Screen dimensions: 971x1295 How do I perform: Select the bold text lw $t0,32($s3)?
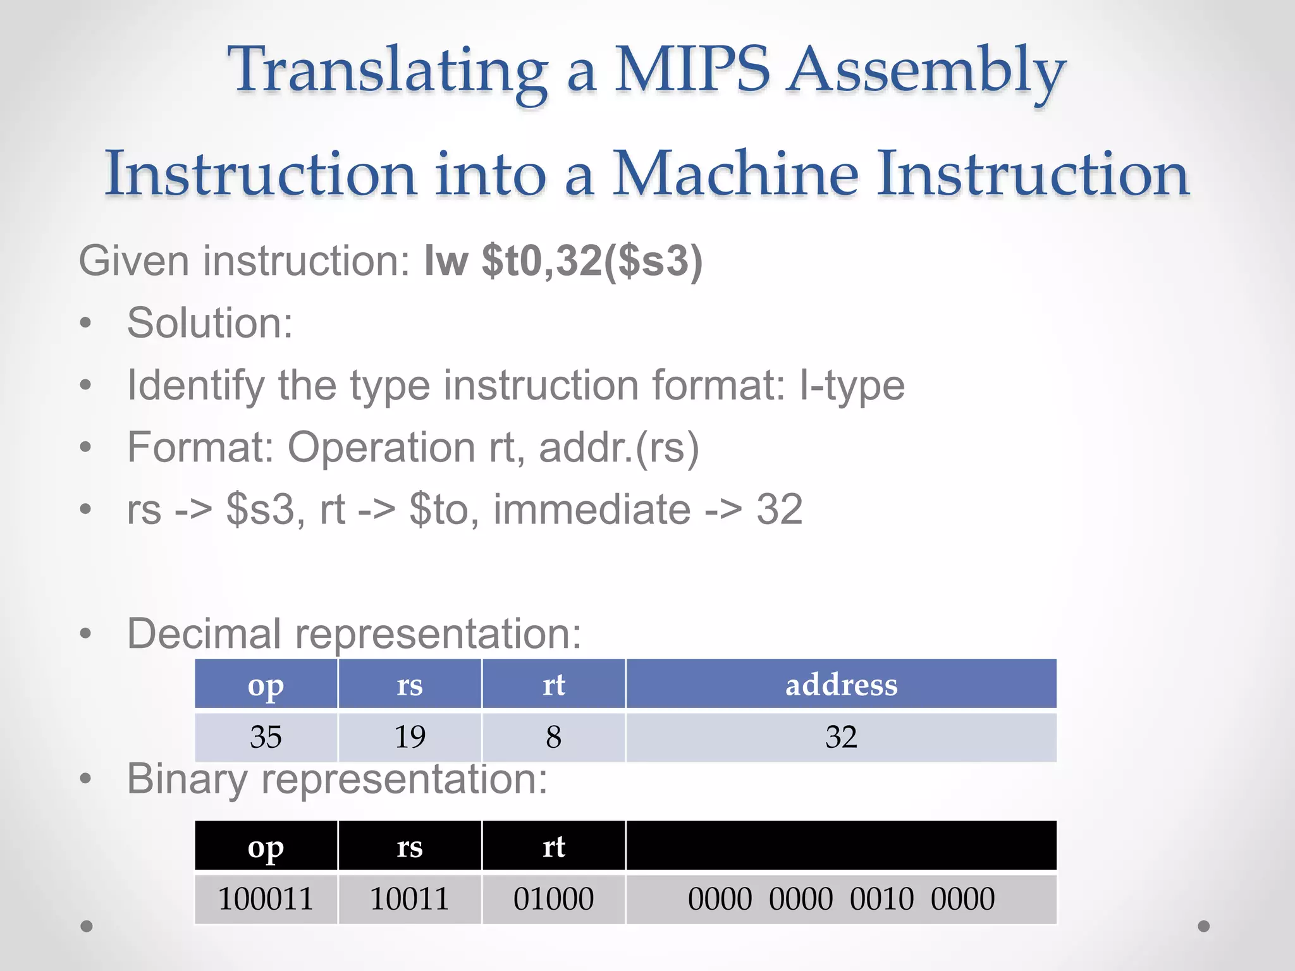point(563,260)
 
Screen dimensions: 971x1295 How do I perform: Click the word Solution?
point(210,323)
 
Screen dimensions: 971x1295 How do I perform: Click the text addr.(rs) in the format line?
point(618,448)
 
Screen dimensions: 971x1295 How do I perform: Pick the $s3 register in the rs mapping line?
point(261,510)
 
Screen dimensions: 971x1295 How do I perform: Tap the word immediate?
point(592,510)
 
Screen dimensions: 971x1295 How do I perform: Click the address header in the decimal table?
point(841,685)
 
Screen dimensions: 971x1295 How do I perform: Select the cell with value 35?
point(266,737)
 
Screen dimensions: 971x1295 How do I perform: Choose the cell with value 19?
point(410,737)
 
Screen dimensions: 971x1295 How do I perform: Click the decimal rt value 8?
point(553,737)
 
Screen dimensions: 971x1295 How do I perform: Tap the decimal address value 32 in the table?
point(841,737)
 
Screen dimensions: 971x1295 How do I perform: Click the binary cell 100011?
point(266,899)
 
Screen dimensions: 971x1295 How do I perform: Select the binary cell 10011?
point(410,899)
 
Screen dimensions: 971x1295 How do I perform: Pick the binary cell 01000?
point(553,899)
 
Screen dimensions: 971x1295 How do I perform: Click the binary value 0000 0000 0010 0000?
point(841,899)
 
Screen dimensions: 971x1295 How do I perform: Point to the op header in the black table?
point(266,847)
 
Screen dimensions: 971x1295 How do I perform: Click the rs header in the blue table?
point(410,685)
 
